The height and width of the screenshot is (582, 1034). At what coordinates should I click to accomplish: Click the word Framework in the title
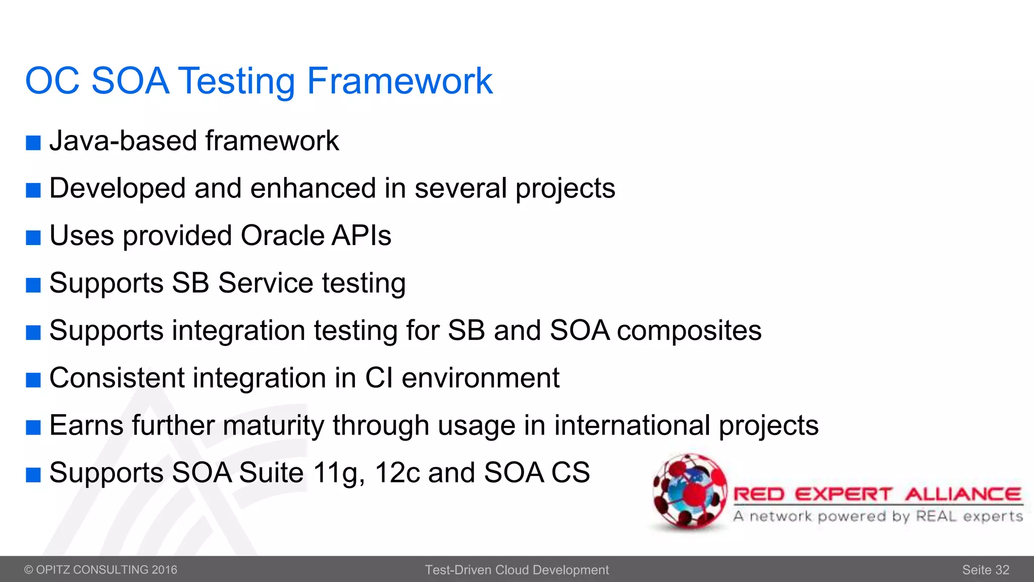399,81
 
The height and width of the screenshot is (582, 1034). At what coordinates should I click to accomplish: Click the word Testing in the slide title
237,81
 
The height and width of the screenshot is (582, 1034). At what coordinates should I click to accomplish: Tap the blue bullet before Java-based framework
33,143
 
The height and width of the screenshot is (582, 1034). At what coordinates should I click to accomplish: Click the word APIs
361,235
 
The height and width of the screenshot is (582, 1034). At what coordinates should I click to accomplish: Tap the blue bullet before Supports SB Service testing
33,285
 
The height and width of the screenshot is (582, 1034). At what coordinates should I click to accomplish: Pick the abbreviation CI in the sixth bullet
379,378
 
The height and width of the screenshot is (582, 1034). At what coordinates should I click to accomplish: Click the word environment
480,378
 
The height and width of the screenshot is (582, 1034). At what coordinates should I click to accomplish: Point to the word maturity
273,425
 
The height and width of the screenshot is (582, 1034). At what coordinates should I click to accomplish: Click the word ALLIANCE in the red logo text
963,494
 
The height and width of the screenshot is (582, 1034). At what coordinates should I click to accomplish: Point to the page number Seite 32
985,570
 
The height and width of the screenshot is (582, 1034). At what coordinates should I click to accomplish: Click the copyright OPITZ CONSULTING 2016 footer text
101,570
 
